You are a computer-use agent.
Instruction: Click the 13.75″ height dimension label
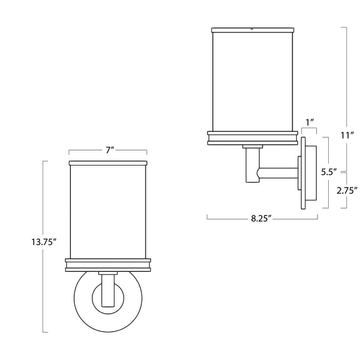tap(44, 242)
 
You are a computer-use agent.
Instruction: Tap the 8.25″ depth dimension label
tap(261, 218)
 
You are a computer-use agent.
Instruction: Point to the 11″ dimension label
tap(347, 135)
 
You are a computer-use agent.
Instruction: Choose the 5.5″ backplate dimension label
tap(329, 172)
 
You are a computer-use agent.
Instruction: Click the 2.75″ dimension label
tap(347, 191)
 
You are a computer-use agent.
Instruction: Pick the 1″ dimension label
tap(310, 122)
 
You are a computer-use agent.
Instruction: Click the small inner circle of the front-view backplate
tap(92, 297)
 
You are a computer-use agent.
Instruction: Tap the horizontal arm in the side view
tap(277, 172)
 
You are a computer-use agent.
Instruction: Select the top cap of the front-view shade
tap(108, 163)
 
